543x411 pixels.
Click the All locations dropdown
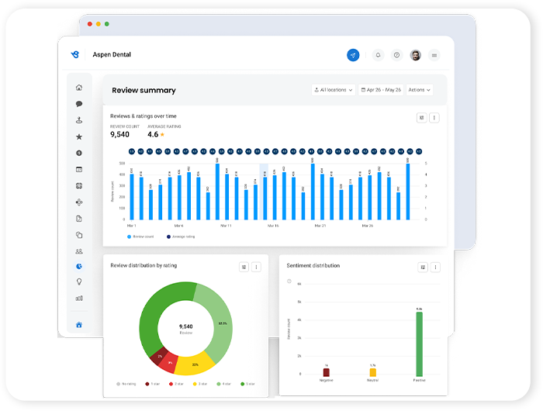coord(334,90)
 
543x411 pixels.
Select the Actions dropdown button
coord(419,90)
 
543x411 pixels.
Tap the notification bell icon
coord(378,55)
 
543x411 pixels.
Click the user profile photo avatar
coord(415,55)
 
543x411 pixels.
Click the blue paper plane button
coord(353,55)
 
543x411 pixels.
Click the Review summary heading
coord(144,91)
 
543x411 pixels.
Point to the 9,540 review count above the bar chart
coord(119,135)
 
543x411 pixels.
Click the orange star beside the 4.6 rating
coord(162,135)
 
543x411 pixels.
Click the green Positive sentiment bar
coord(419,345)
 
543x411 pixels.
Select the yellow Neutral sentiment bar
coord(372,373)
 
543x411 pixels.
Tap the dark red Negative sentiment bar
coord(326,373)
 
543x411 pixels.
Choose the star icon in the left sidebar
coord(79,136)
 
